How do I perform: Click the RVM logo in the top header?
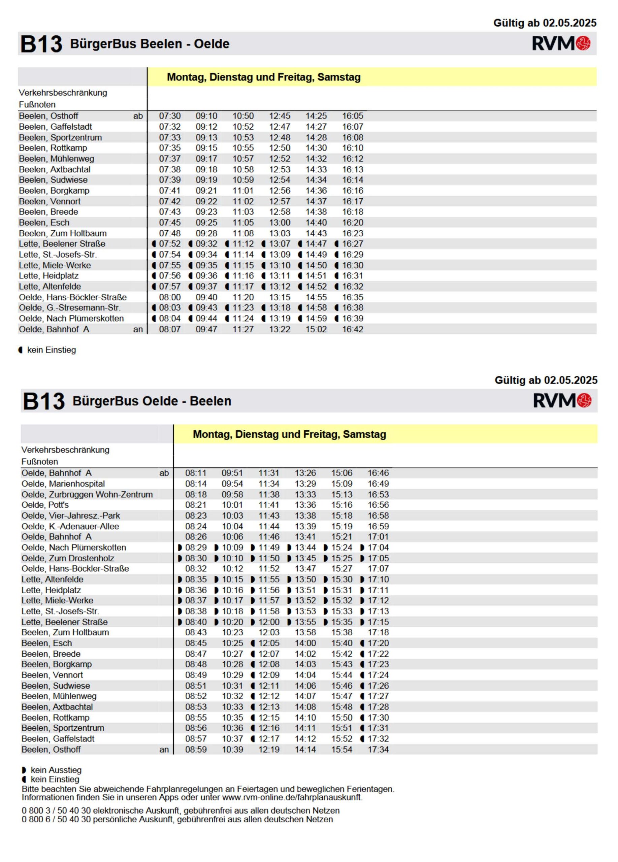(561, 43)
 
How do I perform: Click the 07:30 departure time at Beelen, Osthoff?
(169, 116)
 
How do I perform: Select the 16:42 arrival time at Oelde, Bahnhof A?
(352, 329)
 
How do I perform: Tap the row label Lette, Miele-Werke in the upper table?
(55, 265)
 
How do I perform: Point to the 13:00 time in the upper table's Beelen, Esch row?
(279, 223)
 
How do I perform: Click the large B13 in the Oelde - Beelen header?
(43, 401)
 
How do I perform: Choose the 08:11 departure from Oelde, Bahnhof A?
(195, 473)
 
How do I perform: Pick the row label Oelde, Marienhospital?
(63, 484)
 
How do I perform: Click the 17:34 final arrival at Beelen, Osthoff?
(378, 750)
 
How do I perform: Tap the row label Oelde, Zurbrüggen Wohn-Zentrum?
(87, 495)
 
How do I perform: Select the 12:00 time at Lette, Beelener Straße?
(269, 622)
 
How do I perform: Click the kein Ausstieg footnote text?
(56, 770)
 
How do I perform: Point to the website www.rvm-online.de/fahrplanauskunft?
(292, 797)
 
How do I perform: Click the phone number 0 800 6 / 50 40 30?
(56, 820)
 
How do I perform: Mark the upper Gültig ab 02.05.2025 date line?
(545, 23)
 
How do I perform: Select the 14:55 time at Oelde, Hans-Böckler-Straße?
(316, 297)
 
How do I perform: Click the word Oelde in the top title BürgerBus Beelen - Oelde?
(212, 44)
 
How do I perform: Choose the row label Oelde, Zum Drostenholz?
(68, 558)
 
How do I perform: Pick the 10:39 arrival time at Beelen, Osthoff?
(232, 750)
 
